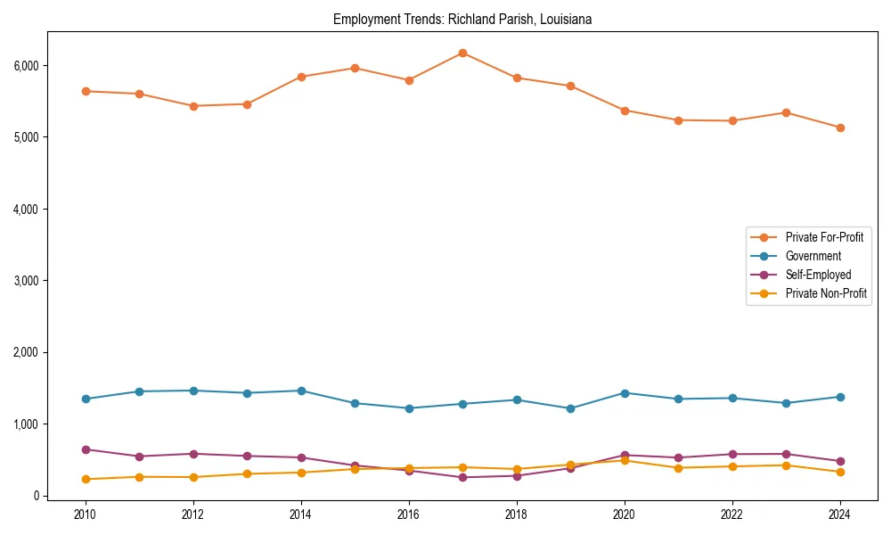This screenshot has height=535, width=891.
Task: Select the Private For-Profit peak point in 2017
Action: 462,53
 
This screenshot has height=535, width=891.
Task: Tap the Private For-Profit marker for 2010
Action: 86,91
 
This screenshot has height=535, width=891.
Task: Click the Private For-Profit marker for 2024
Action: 840,128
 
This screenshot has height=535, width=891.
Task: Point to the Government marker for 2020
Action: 625,393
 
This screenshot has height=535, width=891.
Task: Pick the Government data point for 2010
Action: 86,399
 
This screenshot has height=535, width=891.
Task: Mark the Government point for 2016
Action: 409,408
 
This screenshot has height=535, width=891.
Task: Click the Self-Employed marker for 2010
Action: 86,449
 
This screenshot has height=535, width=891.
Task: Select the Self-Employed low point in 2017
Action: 462,477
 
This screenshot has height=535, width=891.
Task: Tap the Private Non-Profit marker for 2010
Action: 86,479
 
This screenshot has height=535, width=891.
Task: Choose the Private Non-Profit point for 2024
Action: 840,472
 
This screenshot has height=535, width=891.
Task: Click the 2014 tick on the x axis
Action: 301,514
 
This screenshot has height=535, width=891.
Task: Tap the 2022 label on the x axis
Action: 732,514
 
